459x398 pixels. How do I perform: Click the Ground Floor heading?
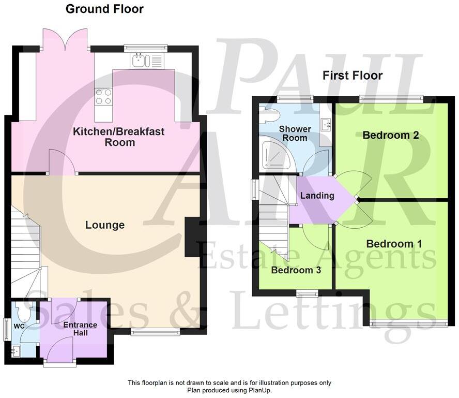click(x=105, y=9)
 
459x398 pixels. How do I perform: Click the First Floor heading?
click(x=353, y=76)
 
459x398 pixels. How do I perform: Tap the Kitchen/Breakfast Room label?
click(x=118, y=137)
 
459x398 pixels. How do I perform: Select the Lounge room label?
click(x=105, y=225)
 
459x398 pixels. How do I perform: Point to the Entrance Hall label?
click(x=80, y=329)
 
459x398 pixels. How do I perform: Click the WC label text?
click(x=19, y=327)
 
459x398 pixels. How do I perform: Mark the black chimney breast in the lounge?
click(x=192, y=237)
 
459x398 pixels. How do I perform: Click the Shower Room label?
click(x=295, y=133)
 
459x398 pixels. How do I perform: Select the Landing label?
click(x=317, y=196)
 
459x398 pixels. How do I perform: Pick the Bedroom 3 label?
click(x=292, y=270)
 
